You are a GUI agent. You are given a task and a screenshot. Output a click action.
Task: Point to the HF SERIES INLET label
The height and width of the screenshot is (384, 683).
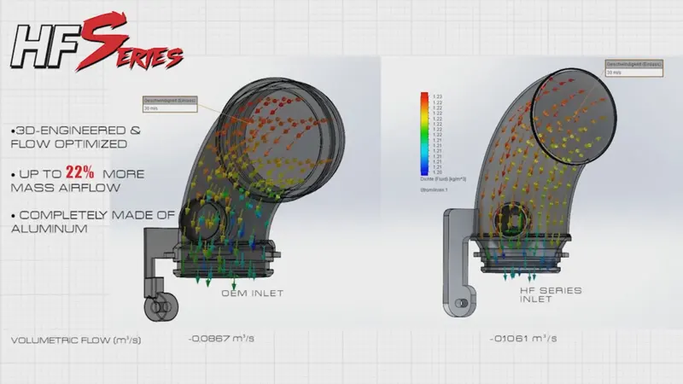552,294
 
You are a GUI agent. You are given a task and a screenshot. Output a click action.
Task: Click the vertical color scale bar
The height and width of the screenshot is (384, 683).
424,132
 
